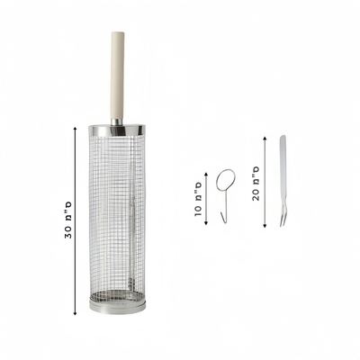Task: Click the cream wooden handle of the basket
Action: [x=118, y=75]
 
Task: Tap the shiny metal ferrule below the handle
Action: [x=117, y=122]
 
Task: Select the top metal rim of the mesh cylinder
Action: [x=117, y=130]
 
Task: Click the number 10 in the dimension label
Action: [x=198, y=211]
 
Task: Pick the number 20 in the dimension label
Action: [x=256, y=194]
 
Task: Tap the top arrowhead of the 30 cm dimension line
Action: [x=75, y=129]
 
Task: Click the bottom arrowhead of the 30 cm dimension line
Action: [x=75, y=313]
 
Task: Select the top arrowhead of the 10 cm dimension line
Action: [x=206, y=175]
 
